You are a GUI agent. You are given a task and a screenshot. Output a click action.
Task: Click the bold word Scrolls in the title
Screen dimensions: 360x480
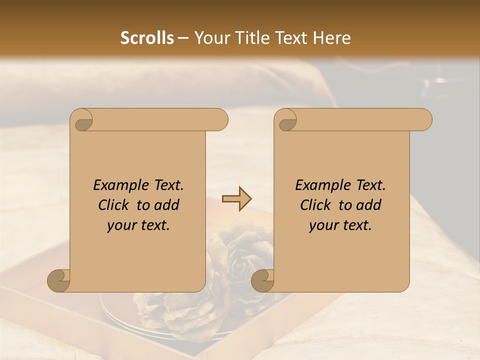(x=147, y=38)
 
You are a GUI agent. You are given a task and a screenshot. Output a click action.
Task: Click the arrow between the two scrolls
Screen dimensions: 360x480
(x=237, y=199)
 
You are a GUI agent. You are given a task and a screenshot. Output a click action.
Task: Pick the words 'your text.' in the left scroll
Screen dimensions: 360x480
(x=138, y=225)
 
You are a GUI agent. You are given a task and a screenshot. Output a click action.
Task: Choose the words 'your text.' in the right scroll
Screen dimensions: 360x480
(x=340, y=225)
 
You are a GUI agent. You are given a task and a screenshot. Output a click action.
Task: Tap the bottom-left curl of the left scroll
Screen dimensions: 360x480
(x=59, y=280)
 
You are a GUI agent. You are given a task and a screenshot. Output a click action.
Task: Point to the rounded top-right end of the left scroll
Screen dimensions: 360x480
(x=220, y=119)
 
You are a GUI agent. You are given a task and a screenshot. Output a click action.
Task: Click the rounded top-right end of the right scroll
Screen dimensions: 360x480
(x=424, y=119)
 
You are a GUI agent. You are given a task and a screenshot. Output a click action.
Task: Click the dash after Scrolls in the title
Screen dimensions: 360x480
(x=183, y=38)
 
